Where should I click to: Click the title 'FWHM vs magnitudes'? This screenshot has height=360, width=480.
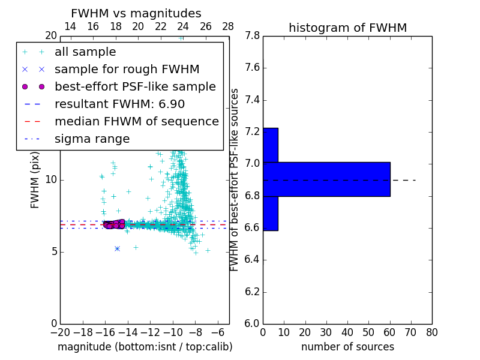pyautogui.click(x=136, y=13)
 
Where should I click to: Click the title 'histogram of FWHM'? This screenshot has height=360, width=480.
pyautogui.click(x=347, y=28)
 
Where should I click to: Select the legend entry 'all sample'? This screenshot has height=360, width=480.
pyautogui.click(x=85, y=52)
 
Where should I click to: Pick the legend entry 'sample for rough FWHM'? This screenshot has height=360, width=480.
pyautogui.click(x=127, y=69)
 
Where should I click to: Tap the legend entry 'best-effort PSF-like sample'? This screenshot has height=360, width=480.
pyautogui.click(x=135, y=86)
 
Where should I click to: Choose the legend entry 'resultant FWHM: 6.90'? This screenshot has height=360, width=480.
pyautogui.click(x=119, y=104)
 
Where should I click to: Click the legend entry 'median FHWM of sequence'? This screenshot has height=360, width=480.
pyautogui.click(x=136, y=121)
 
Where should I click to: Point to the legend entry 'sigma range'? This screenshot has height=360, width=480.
pyautogui.click(x=92, y=139)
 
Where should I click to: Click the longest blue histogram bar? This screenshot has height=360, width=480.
pyautogui.click(x=326, y=179)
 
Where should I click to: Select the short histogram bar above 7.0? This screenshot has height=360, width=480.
pyautogui.click(x=270, y=145)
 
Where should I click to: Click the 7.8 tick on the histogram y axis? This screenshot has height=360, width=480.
pyautogui.click(x=252, y=36)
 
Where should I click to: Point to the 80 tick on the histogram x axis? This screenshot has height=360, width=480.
pyautogui.click(x=432, y=332)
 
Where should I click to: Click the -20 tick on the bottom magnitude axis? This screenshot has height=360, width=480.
pyautogui.click(x=60, y=332)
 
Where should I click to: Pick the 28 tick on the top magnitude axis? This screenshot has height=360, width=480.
pyautogui.click(x=229, y=26)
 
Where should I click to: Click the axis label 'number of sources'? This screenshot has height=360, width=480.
pyautogui.click(x=347, y=347)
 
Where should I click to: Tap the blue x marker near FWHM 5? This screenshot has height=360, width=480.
pyautogui.click(x=117, y=248)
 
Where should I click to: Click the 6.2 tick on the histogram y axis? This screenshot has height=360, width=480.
pyautogui.click(x=252, y=292)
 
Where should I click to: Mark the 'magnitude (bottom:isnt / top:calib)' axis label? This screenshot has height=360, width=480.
pyautogui.click(x=145, y=347)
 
